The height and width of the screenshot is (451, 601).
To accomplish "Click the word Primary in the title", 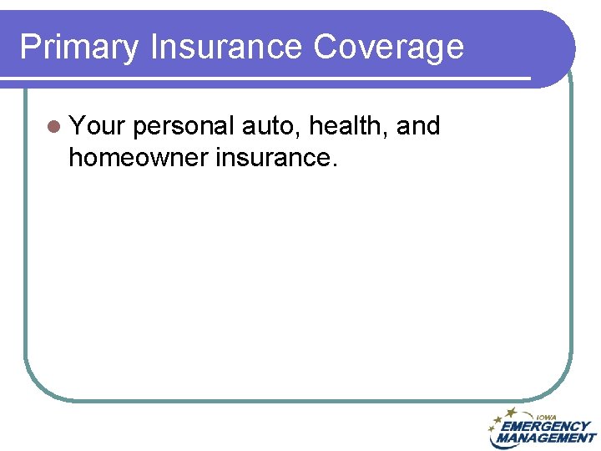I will pos(79,47).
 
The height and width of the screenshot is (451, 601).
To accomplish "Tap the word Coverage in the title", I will pos(388,47).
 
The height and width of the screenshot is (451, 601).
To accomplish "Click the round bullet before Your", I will pos(55,127).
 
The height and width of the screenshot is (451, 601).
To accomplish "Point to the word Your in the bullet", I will pos(97,126).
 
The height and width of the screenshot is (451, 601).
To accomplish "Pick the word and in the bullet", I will pos(418,126).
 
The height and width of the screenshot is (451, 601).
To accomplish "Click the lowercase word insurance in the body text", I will pos(272,156).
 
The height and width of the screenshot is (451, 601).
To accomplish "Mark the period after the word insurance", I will pos(334,165).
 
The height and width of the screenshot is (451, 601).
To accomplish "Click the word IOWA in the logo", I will pos(547,418).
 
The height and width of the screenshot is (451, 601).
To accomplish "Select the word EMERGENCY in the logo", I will pos(546,427).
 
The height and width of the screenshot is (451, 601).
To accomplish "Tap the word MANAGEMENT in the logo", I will pos(544,438).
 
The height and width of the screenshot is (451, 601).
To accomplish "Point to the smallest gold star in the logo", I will pos(492,428).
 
